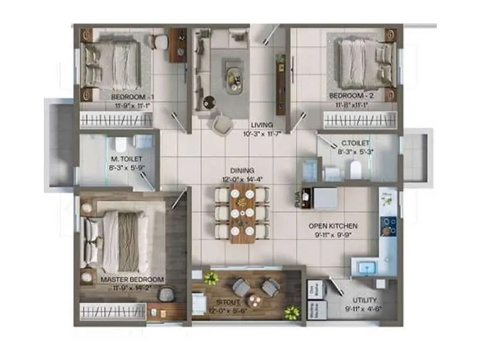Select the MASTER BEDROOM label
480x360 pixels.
point(132,280)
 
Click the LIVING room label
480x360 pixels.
point(263,125)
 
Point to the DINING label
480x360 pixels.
point(242,170)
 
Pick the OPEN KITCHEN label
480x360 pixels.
point(333,226)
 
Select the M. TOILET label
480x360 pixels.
point(126,159)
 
